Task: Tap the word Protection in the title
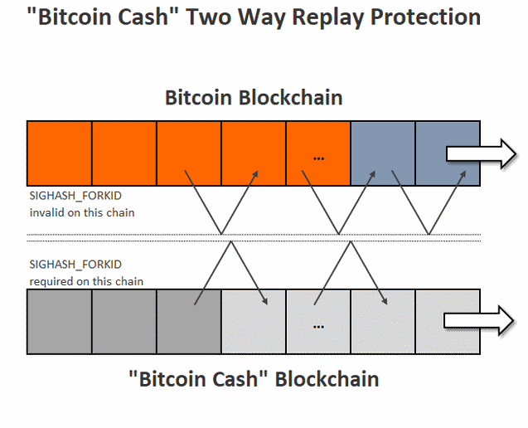click(425, 17)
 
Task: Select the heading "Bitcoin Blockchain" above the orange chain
click(254, 98)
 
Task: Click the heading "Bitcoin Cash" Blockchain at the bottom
click(254, 379)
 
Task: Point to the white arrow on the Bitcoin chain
click(482, 153)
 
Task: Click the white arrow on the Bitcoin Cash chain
click(479, 320)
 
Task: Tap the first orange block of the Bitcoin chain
click(60, 153)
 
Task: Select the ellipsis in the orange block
click(318, 158)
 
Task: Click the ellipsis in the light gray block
click(318, 327)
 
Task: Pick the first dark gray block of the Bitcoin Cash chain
click(60, 322)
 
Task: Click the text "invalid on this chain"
click(82, 212)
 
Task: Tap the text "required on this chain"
click(86, 281)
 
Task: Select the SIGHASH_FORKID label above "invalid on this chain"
click(75, 196)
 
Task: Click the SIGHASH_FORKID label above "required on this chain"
click(75, 265)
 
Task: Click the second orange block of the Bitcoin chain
click(124, 153)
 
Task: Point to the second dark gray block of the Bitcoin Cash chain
click(124, 322)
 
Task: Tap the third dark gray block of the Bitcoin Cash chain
click(189, 322)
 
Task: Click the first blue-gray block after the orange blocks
click(383, 153)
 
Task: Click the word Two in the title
click(209, 17)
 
